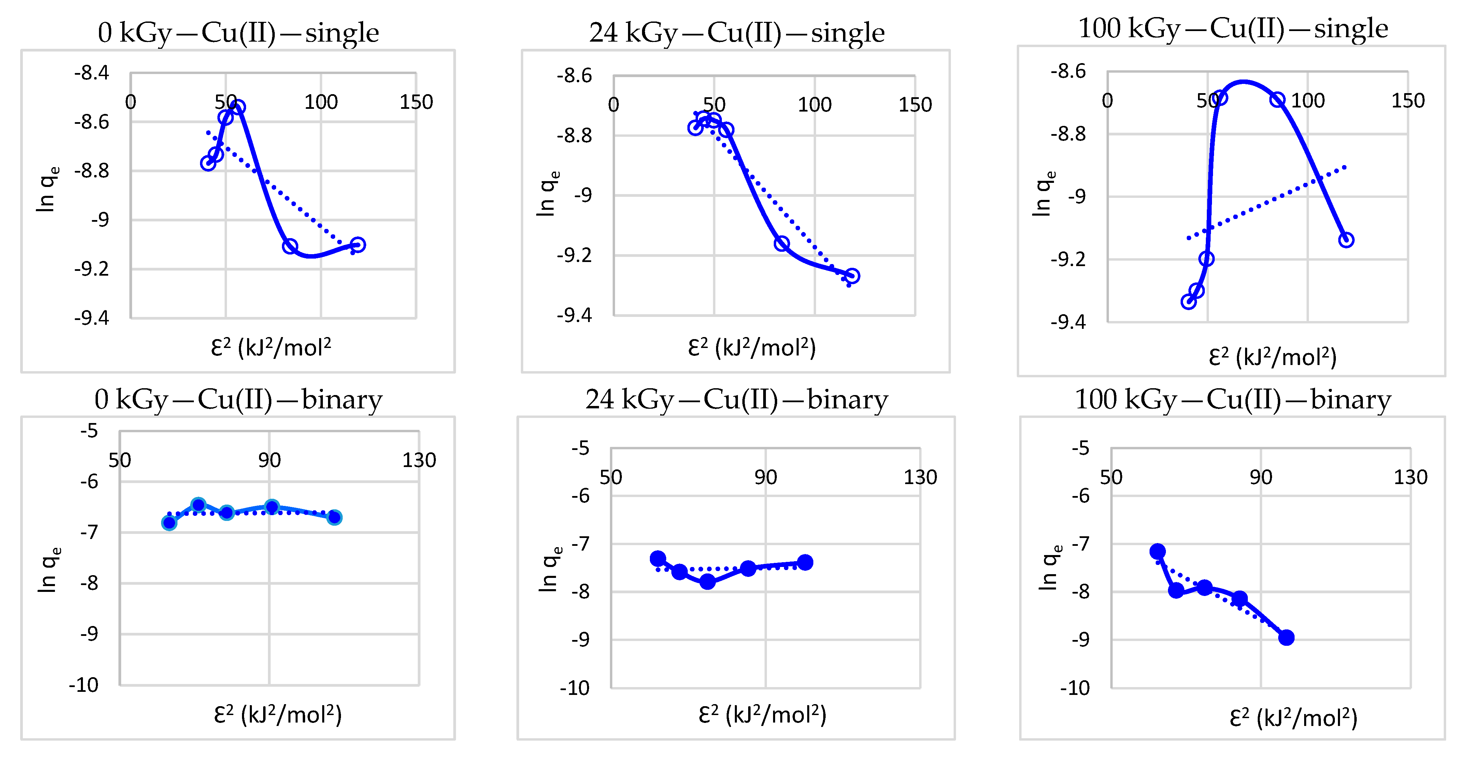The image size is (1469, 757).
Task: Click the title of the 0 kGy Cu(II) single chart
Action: pos(238,32)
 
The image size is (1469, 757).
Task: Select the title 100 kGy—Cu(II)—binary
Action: pos(1232,399)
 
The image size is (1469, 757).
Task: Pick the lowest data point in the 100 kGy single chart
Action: pos(1188,302)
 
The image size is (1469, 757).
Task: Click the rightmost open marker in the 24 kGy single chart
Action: pos(852,276)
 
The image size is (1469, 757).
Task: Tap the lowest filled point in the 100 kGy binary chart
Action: pos(1286,637)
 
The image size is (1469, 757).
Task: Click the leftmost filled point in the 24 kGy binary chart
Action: pos(657,558)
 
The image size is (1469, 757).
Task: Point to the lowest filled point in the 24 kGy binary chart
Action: pos(707,581)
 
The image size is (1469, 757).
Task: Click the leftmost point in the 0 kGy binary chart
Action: pos(169,523)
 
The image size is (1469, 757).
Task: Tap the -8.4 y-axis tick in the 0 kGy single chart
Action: pos(91,73)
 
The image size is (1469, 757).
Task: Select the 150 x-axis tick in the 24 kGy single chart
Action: pos(915,105)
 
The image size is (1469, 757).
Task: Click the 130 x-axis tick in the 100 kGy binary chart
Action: pos(1410,477)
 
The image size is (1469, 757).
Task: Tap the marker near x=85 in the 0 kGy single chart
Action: pos(290,246)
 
